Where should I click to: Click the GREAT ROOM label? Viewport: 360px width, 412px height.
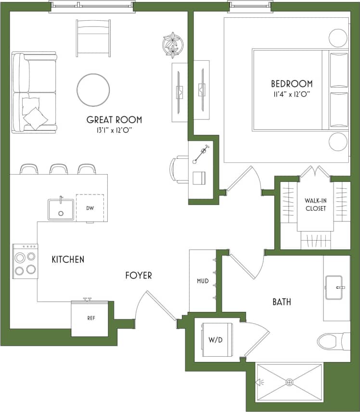pyautogui.click(x=114, y=120)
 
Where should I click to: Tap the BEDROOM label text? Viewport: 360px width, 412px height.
pyautogui.click(x=292, y=84)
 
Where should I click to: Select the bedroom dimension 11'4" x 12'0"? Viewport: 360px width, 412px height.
pyautogui.click(x=292, y=94)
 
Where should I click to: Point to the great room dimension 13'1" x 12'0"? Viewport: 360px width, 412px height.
pyautogui.click(x=114, y=130)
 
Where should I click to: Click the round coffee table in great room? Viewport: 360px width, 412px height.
pyautogui.click(x=93, y=90)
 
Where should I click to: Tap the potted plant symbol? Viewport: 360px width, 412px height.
pyautogui.click(x=172, y=45)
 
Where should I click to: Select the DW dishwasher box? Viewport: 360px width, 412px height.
pyautogui.click(x=90, y=208)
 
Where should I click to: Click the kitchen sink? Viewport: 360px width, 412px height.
pyautogui.click(x=61, y=209)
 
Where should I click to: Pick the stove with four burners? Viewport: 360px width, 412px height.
pyautogui.click(x=25, y=260)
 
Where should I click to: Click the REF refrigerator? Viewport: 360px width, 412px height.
pyautogui.click(x=90, y=319)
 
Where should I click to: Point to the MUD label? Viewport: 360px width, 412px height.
pyautogui.click(x=203, y=281)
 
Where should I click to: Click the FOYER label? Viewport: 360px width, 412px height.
pyautogui.click(x=139, y=275)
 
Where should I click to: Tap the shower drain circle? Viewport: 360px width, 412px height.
pyautogui.click(x=289, y=382)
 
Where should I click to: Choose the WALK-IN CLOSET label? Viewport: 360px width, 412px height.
pyautogui.click(x=315, y=205)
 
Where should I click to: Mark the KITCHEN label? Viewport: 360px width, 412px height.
pyautogui.click(x=68, y=259)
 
